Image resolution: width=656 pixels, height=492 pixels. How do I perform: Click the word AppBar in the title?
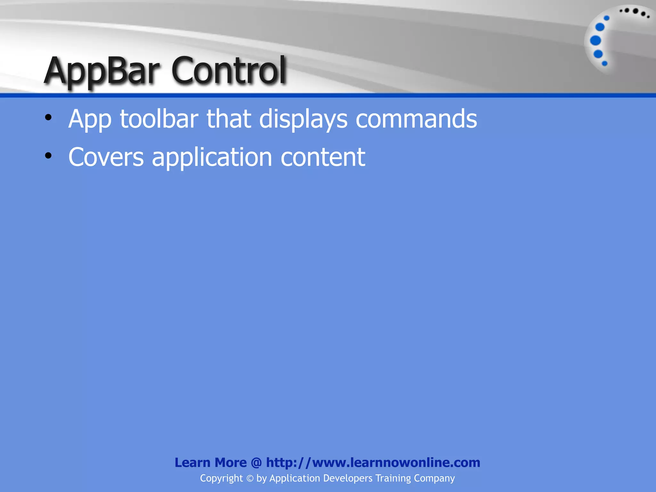point(102,71)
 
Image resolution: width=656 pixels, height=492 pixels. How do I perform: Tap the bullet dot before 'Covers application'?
point(48,156)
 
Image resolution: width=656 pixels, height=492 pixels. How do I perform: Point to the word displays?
point(303,119)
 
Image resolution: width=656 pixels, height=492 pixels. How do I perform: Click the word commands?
point(416,119)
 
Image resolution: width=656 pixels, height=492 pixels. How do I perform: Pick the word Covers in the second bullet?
point(106,157)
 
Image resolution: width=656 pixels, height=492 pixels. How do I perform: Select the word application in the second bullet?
point(212,158)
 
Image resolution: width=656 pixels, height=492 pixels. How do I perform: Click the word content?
point(323,157)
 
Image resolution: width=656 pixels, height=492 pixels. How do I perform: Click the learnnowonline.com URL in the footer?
point(373,463)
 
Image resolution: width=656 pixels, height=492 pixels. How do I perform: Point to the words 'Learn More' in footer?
point(210,463)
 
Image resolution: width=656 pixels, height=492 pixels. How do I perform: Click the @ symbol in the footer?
point(256,463)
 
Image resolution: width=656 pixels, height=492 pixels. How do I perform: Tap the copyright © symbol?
point(250,479)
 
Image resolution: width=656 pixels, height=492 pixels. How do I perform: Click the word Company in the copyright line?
point(434,479)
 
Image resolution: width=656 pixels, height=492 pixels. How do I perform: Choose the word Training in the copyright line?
point(393,479)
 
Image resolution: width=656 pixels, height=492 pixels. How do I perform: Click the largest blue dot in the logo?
point(595,41)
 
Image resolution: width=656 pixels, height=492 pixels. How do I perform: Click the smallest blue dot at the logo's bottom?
point(605,63)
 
